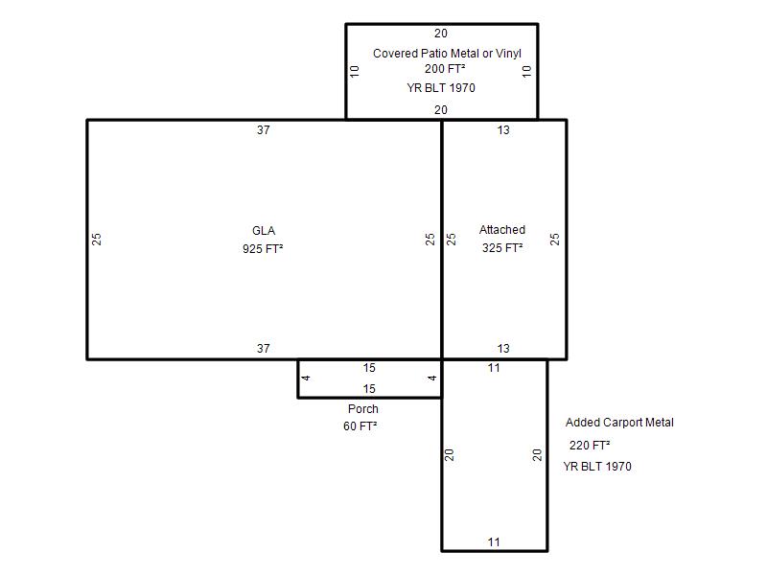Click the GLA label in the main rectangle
(x=264, y=231)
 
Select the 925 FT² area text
(x=263, y=249)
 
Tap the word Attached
(x=501, y=230)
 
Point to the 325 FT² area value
(x=502, y=248)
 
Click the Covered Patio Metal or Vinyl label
(x=447, y=54)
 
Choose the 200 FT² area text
(x=445, y=69)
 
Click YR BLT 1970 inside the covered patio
(x=441, y=88)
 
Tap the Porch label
(x=363, y=409)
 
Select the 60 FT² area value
(x=360, y=426)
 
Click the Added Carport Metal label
(x=619, y=423)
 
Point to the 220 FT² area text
(x=590, y=446)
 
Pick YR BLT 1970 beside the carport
(x=597, y=467)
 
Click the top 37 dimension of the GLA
(x=263, y=130)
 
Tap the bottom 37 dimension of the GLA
(x=263, y=349)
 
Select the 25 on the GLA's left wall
(x=97, y=239)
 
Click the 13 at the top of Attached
(x=503, y=130)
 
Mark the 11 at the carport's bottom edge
(x=494, y=542)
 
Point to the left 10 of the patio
(x=355, y=71)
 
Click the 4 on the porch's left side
(x=306, y=378)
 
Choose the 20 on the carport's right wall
(x=537, y=455)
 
